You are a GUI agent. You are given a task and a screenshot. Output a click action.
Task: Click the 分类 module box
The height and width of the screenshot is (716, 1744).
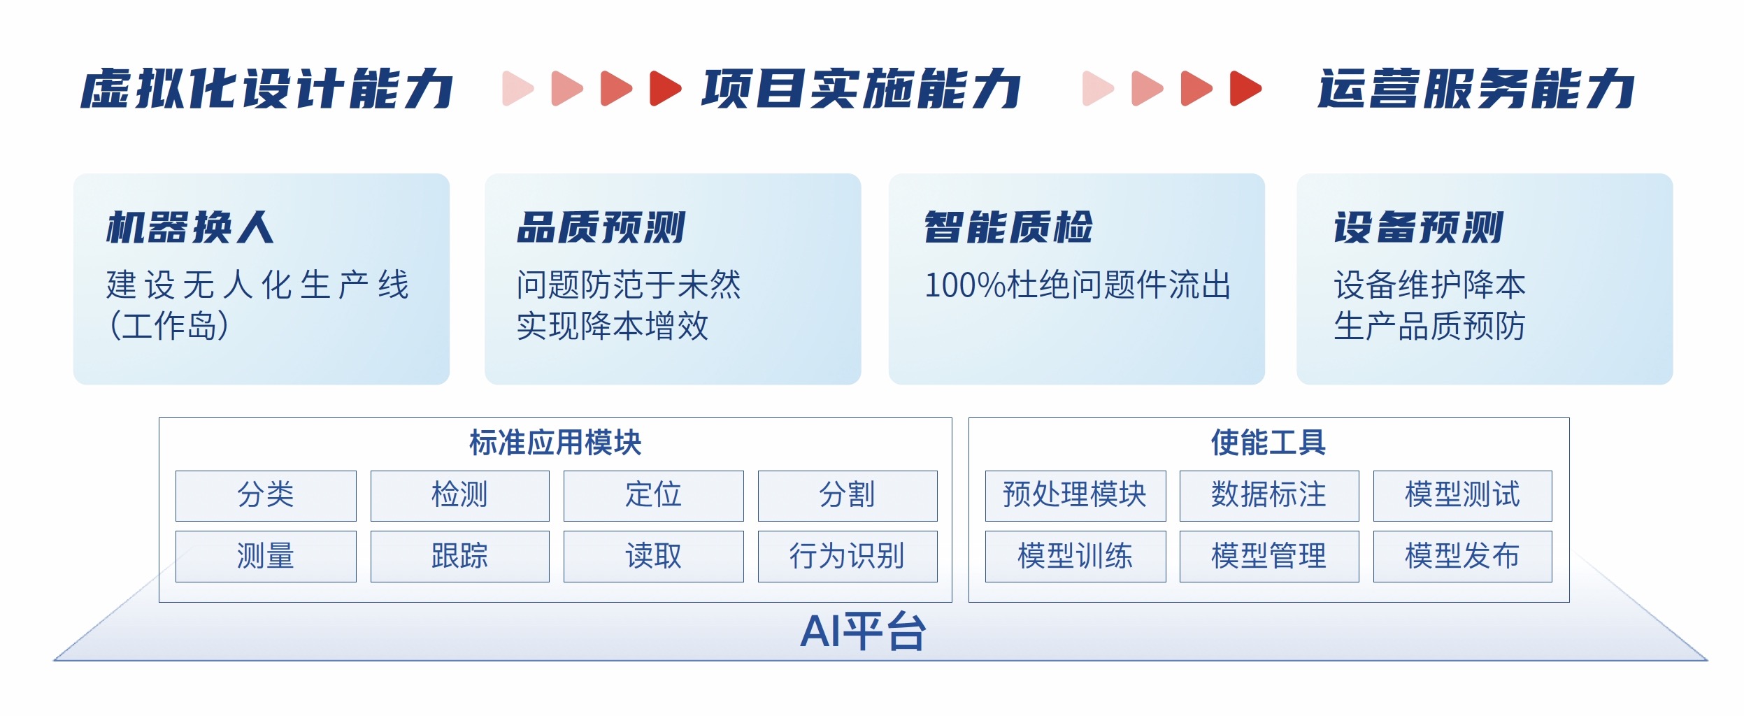[x=266, y=496]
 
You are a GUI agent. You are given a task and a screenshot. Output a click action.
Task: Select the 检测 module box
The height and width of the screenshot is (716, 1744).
[x=459, y=496]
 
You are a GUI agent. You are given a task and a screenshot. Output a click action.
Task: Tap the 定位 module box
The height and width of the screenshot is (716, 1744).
[x=653, y=496]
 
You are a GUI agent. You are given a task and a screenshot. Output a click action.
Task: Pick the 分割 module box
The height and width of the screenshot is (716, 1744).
[x=848, y=496]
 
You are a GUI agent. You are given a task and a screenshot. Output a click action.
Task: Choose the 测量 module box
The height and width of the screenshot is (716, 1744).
[x=266, y=557]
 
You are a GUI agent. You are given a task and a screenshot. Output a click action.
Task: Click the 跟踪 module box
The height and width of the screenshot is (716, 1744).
[x=459, y=557]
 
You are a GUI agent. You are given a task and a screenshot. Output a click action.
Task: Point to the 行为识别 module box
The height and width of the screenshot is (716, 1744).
[x=848, y=557]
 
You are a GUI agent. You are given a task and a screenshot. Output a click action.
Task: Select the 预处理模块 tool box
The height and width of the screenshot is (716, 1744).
[x=1075, y=496]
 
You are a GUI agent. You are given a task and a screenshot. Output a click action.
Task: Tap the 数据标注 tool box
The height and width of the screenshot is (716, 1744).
[x=1269, y=496]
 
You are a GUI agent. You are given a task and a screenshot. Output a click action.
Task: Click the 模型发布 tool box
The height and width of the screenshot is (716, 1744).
[x=1463, y=557]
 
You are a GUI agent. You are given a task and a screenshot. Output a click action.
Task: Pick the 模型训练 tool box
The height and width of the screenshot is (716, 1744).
[x=1075, y=557]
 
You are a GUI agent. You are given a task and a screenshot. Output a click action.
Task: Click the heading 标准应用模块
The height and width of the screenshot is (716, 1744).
[x=555, y=443]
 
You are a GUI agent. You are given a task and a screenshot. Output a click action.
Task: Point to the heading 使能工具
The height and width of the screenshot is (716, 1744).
[x=1268, y=443]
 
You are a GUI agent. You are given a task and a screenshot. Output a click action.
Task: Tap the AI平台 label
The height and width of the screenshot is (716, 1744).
[x=864, y=631]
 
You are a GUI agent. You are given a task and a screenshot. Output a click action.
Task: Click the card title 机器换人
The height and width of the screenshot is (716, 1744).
[x=190, y=227]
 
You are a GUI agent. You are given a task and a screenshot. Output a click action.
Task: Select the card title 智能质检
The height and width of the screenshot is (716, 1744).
[x=1008, y=227]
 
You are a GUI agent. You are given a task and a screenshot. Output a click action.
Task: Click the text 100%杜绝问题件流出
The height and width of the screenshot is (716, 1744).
[x=1078, y=285]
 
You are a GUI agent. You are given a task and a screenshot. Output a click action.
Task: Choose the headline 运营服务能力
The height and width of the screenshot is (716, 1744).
[x=1476, y=89]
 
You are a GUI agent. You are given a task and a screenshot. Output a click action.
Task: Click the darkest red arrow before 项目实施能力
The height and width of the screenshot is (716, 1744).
[x=666, y=88]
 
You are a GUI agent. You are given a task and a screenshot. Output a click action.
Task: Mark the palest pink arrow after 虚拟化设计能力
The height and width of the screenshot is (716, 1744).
[x=518, y=88]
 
